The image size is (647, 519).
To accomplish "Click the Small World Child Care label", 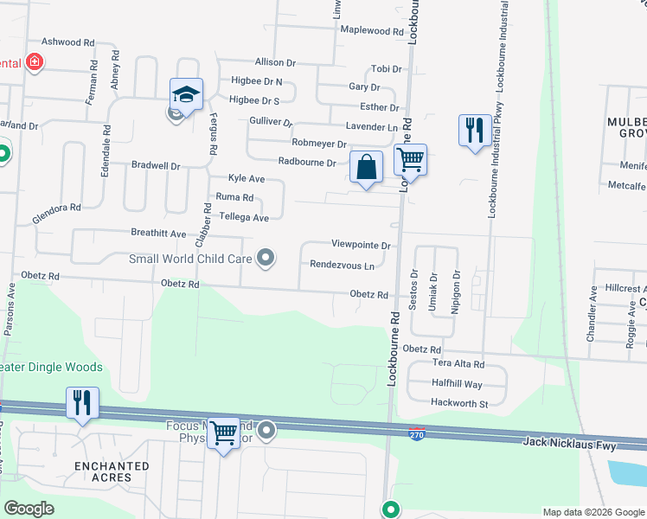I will (190, 258).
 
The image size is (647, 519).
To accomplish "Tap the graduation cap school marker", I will (186, 93).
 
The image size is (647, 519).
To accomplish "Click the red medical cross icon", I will (35, 62).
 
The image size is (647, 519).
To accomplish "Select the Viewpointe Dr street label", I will (362, 246).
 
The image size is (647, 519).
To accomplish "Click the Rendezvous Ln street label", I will (343, 266).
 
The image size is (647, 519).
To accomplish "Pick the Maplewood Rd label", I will (372, 31).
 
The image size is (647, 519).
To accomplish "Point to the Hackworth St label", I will (460, 403).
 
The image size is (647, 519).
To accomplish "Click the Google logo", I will (29, 509).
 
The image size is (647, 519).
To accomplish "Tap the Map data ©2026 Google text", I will (593, 512).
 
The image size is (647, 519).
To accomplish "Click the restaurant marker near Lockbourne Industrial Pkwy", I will (474, 131).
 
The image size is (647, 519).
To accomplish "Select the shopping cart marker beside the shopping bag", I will (410, 160).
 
